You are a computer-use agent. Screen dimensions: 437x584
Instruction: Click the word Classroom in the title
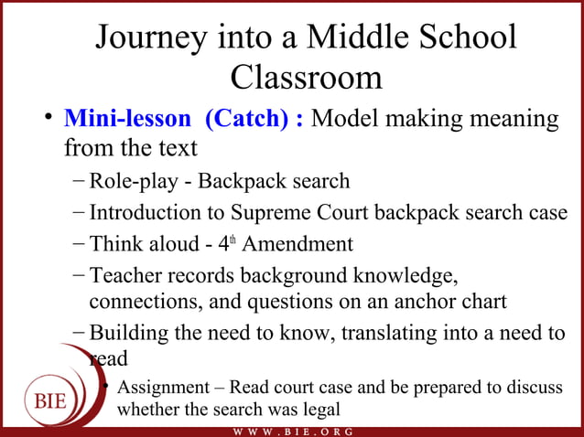306,77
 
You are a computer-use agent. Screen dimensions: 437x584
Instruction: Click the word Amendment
297,244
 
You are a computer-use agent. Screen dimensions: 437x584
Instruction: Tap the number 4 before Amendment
229,244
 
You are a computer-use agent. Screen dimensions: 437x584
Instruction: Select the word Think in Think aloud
114,244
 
